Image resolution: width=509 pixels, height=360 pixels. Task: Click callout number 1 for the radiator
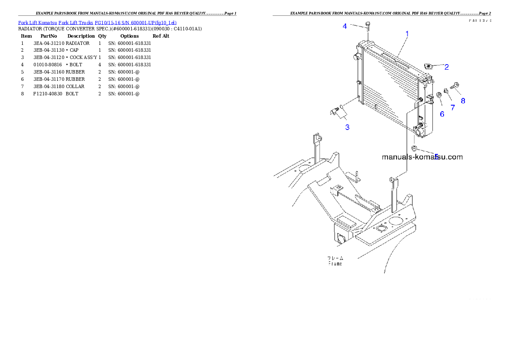(407, 34)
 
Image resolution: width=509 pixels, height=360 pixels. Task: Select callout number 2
(446, 67)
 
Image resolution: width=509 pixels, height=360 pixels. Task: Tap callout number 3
(347, 127)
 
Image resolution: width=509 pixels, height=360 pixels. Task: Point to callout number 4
(345, 26)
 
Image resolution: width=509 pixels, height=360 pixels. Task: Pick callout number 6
(442, 114)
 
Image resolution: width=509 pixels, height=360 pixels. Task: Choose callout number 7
(453, 108)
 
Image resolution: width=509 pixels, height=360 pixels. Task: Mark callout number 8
(463, 101)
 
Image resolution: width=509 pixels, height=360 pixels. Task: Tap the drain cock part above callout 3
(335, 112)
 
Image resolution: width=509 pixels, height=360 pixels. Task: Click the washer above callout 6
(439, 95)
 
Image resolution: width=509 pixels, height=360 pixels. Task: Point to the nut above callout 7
(446, 91)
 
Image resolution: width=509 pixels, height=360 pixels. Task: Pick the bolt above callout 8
(454, 86)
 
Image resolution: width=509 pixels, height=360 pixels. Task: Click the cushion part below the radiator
(414, 148)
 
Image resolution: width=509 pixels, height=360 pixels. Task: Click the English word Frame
(335, 264)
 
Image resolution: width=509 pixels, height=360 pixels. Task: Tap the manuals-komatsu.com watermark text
(422, 157)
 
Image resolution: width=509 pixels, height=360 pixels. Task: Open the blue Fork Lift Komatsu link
(97, 22)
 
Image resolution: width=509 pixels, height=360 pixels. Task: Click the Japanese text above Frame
(335, 258)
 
